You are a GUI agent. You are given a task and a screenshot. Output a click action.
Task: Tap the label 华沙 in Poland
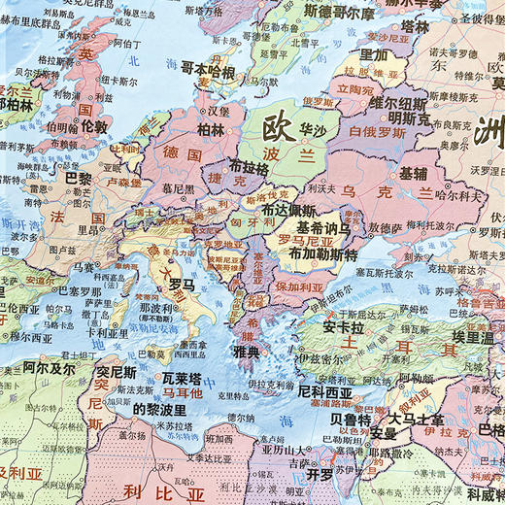click(313, 127)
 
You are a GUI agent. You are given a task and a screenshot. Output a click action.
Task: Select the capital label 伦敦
click(94, 126)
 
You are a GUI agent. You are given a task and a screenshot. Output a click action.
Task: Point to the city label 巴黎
click(78, 180)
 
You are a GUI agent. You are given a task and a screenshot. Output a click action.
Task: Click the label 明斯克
click(399, 117)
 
